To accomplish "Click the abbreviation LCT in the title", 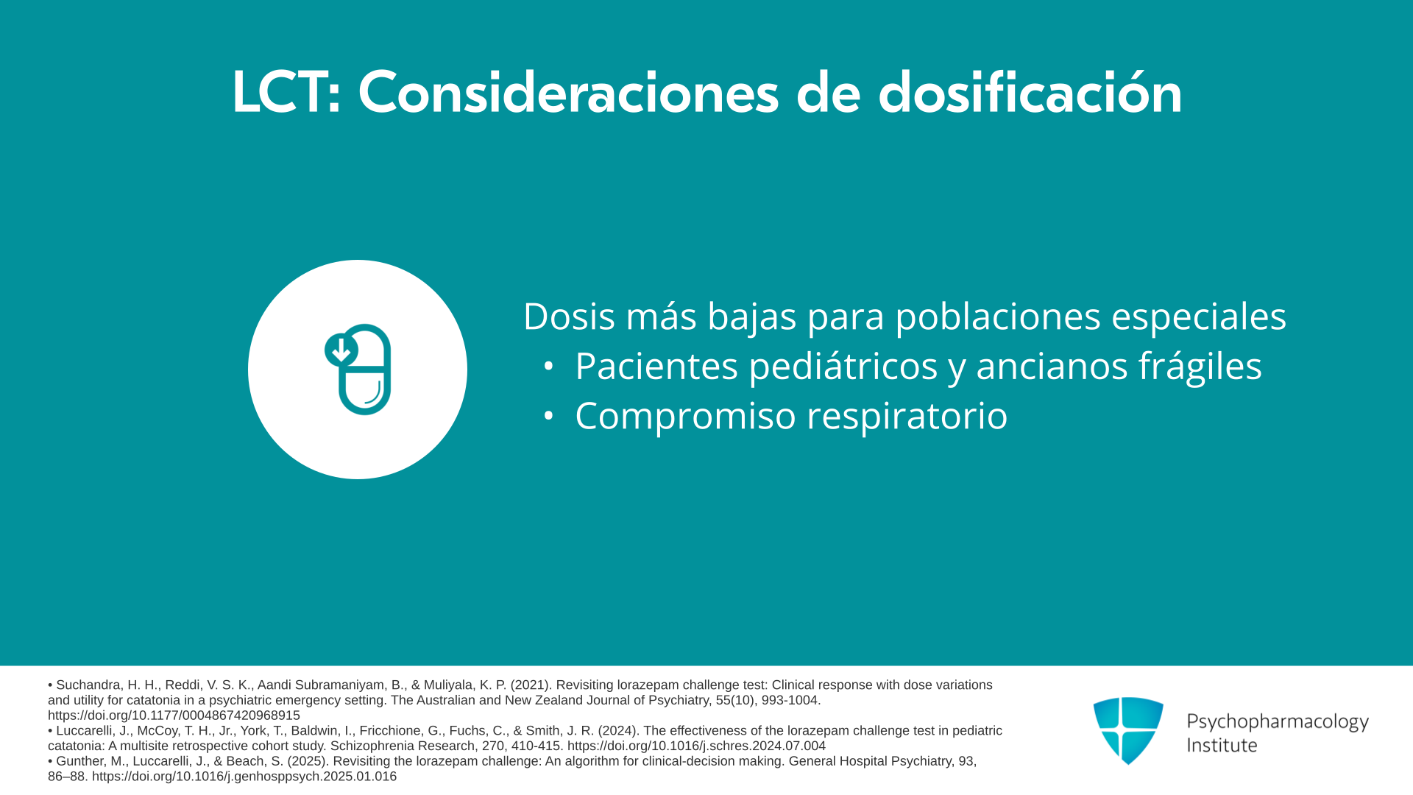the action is click(x=280, y=93).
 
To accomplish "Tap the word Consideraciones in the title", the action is click(x=568, y=92).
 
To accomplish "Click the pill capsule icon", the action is click(x=358, y=370).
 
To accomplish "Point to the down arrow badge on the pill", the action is click(x=341, y=350).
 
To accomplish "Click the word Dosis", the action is click(x=569, y=317).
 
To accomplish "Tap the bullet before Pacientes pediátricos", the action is click(x=548, y=366).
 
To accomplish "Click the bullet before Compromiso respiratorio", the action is click(x=548, y=416).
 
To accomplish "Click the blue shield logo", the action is click(x=1128, y=731).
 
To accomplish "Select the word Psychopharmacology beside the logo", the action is click(x=1278, y=722).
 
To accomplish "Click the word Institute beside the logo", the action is click(x=1222, y=746).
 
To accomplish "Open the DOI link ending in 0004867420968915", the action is click(x=174, y=715).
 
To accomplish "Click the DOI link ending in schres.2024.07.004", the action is click(x=696, y=746).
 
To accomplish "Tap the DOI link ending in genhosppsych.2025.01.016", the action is click(x=244, y=777).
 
